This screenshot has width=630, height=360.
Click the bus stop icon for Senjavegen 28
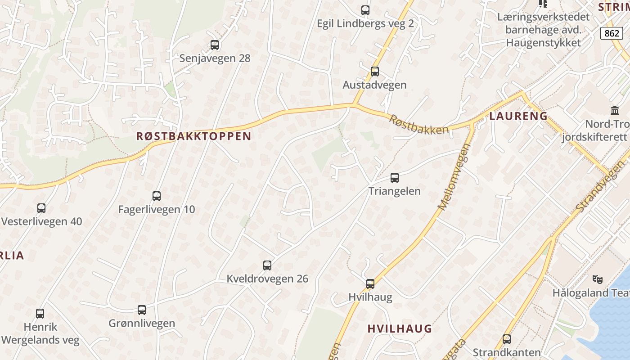coord(215,45)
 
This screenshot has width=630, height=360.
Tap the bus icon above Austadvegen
coord(374,72)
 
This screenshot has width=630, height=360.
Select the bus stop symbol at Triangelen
coord(395,178)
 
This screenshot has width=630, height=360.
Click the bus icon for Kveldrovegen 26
coord(267,265)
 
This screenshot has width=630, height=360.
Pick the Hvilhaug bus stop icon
coord(370,284)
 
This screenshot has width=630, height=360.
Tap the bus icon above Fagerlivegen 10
coord(157,196)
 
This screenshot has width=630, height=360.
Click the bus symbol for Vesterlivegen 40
coord(41,208)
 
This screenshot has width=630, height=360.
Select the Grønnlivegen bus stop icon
coord(142,310)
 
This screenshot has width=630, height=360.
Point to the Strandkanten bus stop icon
coord(507,339)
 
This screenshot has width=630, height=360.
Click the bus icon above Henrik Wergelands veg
coord(40,314)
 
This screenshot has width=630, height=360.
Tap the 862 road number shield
coord(612,33)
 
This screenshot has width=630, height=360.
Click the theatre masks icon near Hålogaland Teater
coord(598,279)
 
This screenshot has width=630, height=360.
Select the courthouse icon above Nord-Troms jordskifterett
coord(614,110)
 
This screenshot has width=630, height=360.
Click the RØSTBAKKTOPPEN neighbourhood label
coord(194,136)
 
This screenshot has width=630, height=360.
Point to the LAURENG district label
coord(518,116)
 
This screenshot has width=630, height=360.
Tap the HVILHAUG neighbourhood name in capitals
coord(400,328)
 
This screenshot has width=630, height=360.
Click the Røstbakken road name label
coord(419,125)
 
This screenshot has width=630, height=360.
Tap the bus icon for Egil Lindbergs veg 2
coord(365,10)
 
